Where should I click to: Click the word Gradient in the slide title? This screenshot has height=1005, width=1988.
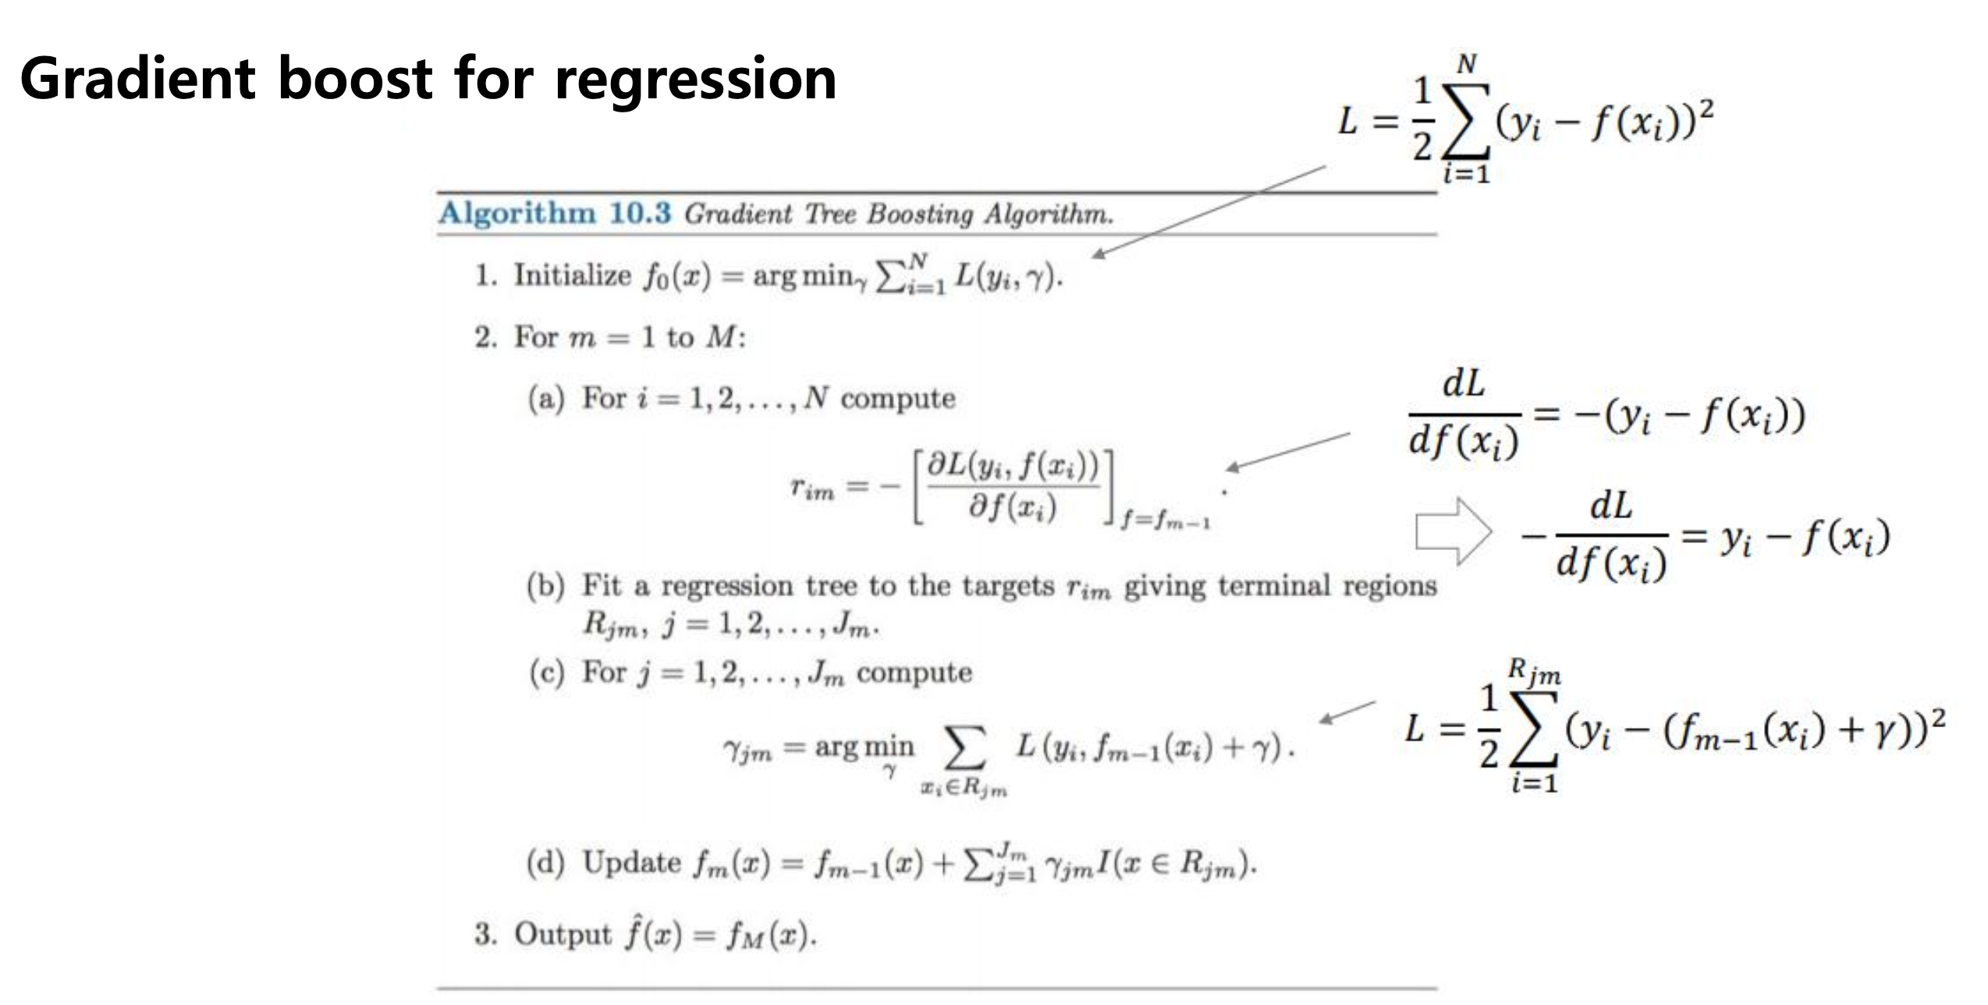(x=137, y=80)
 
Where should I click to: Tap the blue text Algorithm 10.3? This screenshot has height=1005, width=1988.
(x=554, y=213)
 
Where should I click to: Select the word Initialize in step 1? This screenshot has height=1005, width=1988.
(x=572, y=275)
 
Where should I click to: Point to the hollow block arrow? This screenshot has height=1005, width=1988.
(x=1452, y=531)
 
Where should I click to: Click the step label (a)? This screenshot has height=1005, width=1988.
(x=545, y=399)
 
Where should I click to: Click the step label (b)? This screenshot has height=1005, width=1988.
(x=545, y=586)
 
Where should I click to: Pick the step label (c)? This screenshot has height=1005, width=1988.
(x=545, y=673)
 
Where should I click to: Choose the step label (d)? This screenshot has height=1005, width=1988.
(x=545, y=863)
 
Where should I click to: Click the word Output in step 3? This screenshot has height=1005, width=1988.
(x=563, y=934)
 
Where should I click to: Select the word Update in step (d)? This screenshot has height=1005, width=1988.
(x=632, y=863)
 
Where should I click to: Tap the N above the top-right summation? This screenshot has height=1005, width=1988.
(x=1467, y=65)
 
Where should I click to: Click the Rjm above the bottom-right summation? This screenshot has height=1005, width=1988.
(x=1534, y=672)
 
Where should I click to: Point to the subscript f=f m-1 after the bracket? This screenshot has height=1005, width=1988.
(x=1166, y=520)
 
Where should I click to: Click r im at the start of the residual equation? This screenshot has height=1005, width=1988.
(x=811, y=489)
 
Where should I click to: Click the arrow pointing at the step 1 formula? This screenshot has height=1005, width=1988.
(x=1209, y=210)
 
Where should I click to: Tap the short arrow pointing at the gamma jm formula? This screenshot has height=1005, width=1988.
(x=1347, y=712)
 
